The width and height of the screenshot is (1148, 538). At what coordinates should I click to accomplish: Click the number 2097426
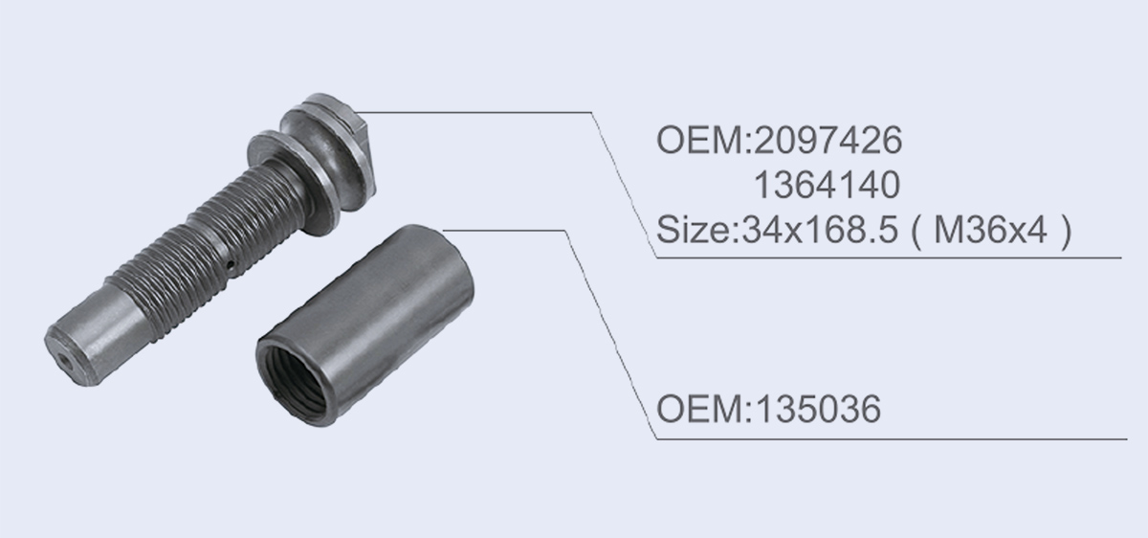(828, 140)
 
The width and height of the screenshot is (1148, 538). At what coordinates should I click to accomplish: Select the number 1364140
(827, 185)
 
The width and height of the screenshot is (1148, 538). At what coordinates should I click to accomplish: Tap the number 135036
(819, 409)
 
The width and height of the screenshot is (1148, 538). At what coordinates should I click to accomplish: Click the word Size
(695, 229)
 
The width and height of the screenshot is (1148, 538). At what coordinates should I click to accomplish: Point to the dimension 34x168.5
(820, 229)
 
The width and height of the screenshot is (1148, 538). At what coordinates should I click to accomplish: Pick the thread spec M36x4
(990, 229)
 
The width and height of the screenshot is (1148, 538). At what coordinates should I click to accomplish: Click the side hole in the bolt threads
(232, 265)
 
